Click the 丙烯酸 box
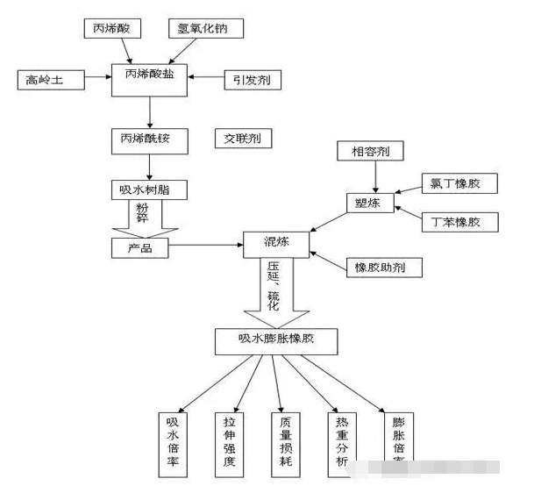(111, 30)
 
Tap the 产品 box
(140, 248)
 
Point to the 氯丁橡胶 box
(459, 184)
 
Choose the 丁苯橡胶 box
(459, 222)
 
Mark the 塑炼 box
(369, 204)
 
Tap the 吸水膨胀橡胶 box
(276, 340)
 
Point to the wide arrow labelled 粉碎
(145, 217)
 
